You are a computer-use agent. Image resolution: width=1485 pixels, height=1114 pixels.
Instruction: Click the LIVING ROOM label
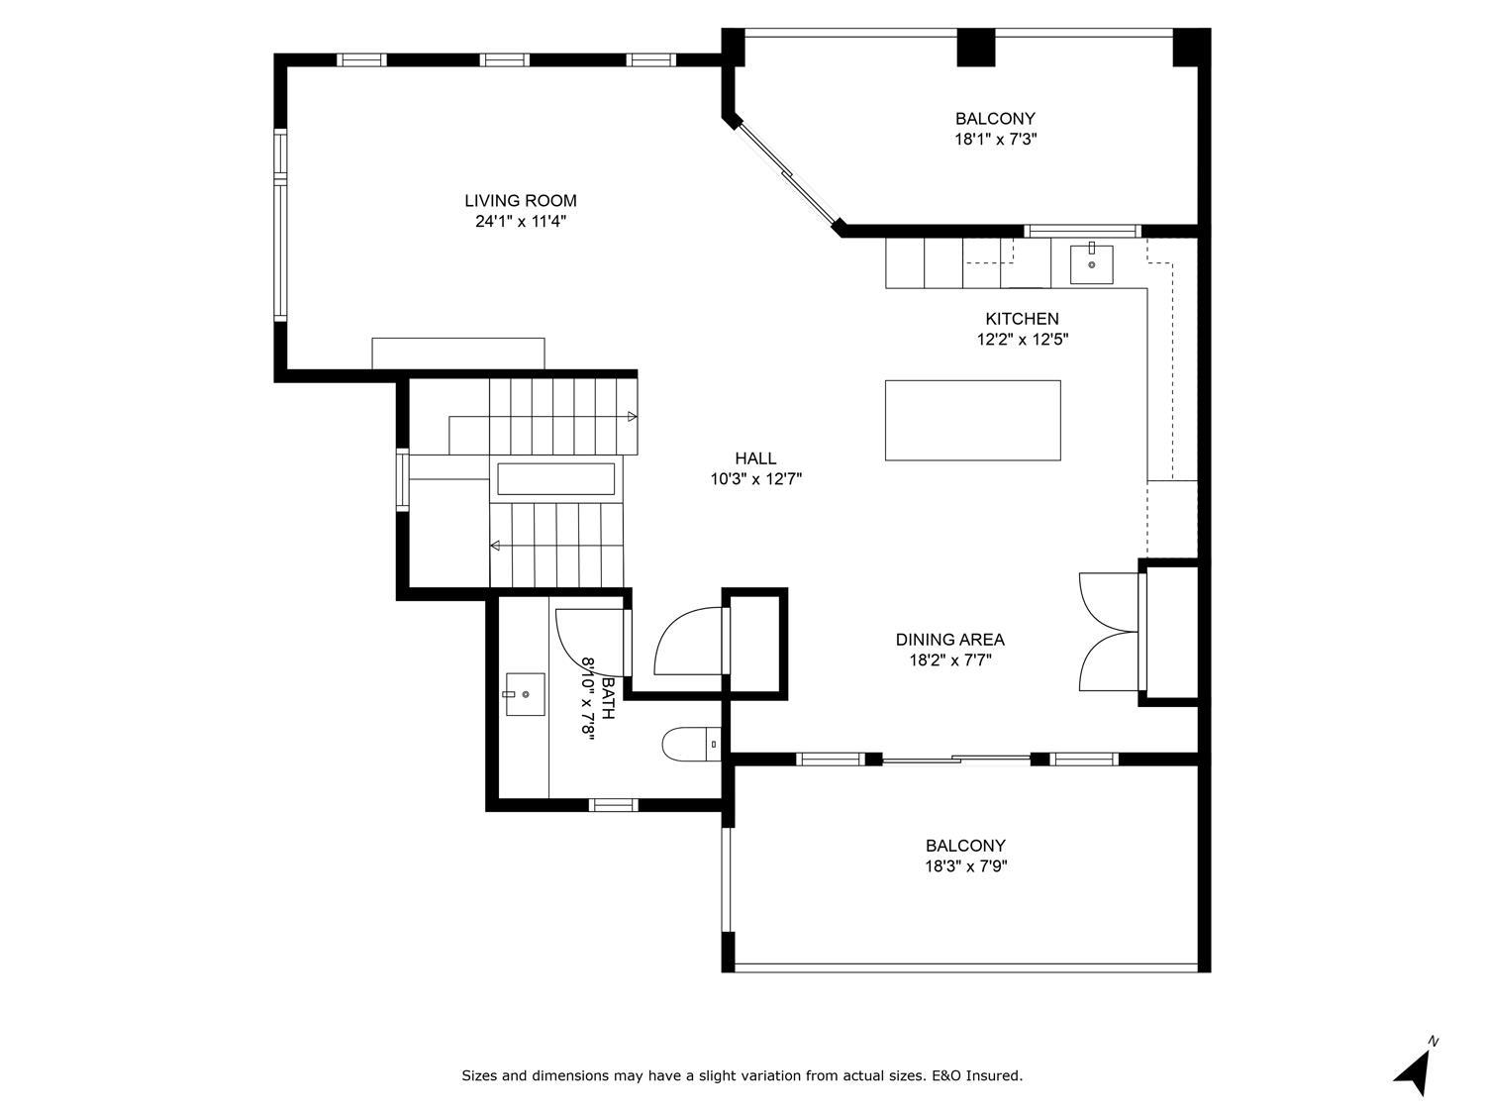(x=521, y=201)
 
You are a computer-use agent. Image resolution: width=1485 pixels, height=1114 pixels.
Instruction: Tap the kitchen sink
(x=1091, y=264)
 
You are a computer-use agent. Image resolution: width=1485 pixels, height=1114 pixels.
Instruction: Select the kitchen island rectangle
(x=972, y=420)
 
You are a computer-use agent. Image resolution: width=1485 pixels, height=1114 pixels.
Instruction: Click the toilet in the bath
(x=691, y=745)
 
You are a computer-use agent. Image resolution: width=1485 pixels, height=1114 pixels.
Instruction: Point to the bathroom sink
(x=525, y=694)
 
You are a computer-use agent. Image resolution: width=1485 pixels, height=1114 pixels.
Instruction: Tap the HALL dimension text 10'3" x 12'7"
(x=755, y=479)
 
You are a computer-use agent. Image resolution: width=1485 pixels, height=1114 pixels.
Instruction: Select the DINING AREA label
(x=949, y=639)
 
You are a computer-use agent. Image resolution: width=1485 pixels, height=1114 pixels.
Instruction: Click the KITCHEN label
(x=1022, y=319)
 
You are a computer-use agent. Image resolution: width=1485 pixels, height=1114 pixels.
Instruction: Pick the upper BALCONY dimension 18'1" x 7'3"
(x=995, y=140)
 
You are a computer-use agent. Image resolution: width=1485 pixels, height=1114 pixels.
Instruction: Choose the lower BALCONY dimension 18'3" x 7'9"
(x=966, y=866)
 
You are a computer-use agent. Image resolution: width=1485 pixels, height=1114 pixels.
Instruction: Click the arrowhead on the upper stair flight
(x=632, y=417)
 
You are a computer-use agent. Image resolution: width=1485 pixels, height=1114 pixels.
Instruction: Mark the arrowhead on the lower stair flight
(x=495, y=546)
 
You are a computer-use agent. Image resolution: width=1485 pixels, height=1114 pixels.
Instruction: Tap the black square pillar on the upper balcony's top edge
(x=975, y=48)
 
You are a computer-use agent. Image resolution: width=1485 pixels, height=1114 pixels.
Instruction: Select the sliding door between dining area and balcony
(x=956, y=759)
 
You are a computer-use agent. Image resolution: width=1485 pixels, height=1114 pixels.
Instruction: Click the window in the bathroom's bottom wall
(x=613, y=805)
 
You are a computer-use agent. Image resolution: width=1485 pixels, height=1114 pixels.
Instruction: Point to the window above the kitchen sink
(x=1082, y=232)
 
